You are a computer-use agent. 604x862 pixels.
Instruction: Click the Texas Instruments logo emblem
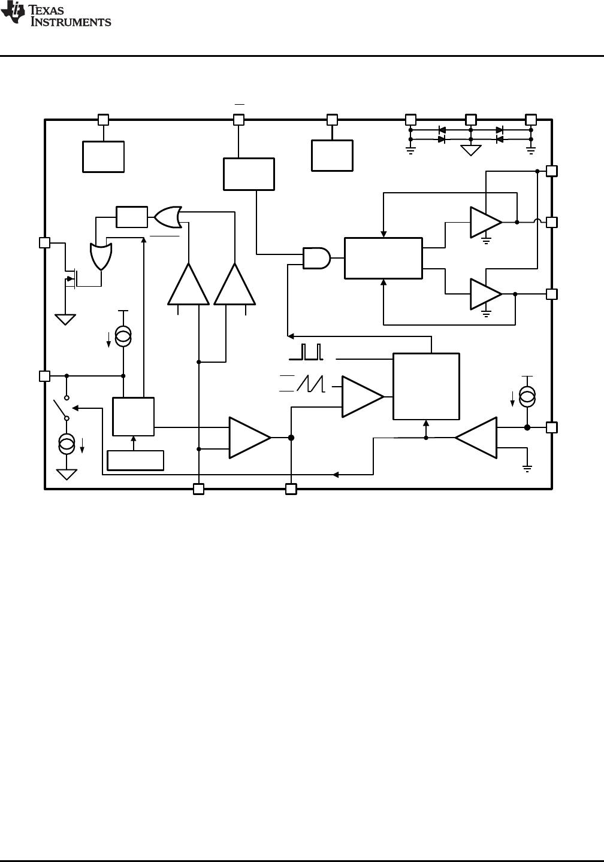tap(11, 14)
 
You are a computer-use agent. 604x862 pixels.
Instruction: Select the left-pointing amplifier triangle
tap(477, 438)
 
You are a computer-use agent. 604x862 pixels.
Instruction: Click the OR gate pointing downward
tap(101, 257)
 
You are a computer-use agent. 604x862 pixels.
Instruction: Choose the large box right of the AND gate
tap(383, 258)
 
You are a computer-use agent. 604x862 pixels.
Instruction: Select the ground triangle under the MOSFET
tap(65, 319)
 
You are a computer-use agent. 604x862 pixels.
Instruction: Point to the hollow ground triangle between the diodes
tap(471, 150)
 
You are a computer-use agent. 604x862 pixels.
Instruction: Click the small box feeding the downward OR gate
tap(132, 217)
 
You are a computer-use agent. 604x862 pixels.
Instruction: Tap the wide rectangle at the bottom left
tap(135, 460)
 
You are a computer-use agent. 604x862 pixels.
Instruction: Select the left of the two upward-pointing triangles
tap(189, 286)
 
